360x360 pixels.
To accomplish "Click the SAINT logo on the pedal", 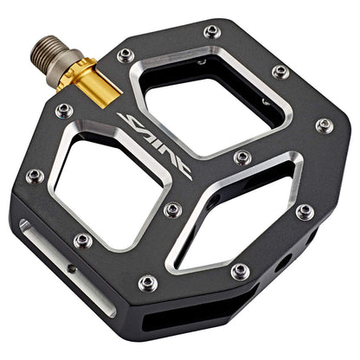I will tap(157, 147).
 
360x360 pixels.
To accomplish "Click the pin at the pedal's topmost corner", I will tap(212, 32).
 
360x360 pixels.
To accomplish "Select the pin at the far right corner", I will tap(324, 125).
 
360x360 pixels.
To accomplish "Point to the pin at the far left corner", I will tap(35, 176).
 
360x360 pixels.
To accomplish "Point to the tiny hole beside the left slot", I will tap(71, 268).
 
